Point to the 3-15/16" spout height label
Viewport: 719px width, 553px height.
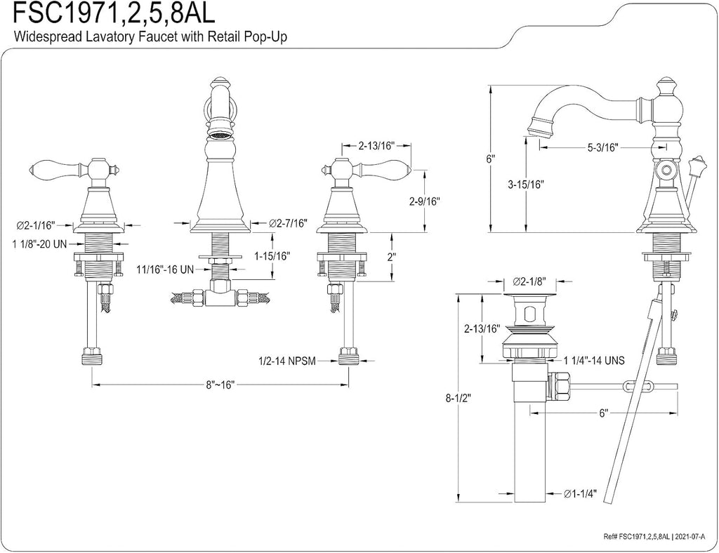[x=525, y=185]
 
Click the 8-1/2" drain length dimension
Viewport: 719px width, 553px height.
[x=458, y=398]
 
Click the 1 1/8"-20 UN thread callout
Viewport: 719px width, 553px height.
[x=40, y=244]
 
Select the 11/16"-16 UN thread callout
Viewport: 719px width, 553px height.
[x=166, y=269]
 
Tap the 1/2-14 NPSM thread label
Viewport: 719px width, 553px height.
[x=287, y=361]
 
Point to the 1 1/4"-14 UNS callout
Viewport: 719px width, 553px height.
[x=594, y=361]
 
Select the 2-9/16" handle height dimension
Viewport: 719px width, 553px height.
[x=424, y=201]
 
